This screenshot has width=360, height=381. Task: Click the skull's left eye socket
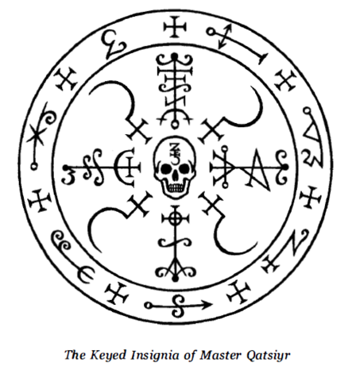click(165, 168)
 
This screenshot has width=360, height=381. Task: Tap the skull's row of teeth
click(175, 188)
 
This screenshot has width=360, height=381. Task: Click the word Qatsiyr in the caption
click(268, 356)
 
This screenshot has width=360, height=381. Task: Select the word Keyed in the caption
click(108, 356)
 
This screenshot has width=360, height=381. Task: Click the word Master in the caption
click(221, 355)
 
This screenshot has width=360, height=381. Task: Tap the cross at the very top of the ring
click(175, 27)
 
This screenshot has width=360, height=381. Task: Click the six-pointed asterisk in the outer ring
click(37, 134)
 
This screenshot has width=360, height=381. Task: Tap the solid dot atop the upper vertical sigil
click(174, 56)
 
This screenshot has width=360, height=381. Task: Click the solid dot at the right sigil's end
click(285, 167)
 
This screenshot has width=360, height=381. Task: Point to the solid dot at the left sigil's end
click(65, 167)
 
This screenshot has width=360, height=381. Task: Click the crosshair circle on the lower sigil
click(175, 219)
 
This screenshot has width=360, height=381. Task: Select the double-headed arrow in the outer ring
click(225, 37)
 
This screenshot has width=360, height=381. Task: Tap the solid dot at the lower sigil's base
click(175, 279)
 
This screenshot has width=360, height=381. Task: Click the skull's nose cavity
click(175, 177)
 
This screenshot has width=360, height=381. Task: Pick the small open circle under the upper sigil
click(174, 125)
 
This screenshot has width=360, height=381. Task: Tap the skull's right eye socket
click(184, 168)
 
